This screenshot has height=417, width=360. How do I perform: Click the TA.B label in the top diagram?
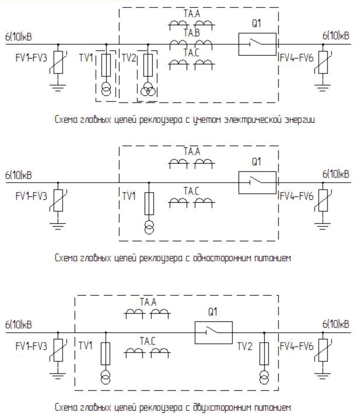tap(191, 33)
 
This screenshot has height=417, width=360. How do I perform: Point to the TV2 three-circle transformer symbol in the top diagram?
tap(148, 89)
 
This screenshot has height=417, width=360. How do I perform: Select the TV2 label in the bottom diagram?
tap(245, 346)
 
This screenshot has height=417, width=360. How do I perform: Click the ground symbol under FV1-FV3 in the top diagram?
tap(58, 87)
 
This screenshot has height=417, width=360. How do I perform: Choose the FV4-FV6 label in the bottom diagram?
tap(297, 346)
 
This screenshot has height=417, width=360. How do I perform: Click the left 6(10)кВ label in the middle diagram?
tap(18, 175)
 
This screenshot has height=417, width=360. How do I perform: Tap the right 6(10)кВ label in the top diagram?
tap(336, 36)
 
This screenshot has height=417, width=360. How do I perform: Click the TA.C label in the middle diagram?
tap(191, 191)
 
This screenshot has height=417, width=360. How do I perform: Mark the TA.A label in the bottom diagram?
tap(148, 302)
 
